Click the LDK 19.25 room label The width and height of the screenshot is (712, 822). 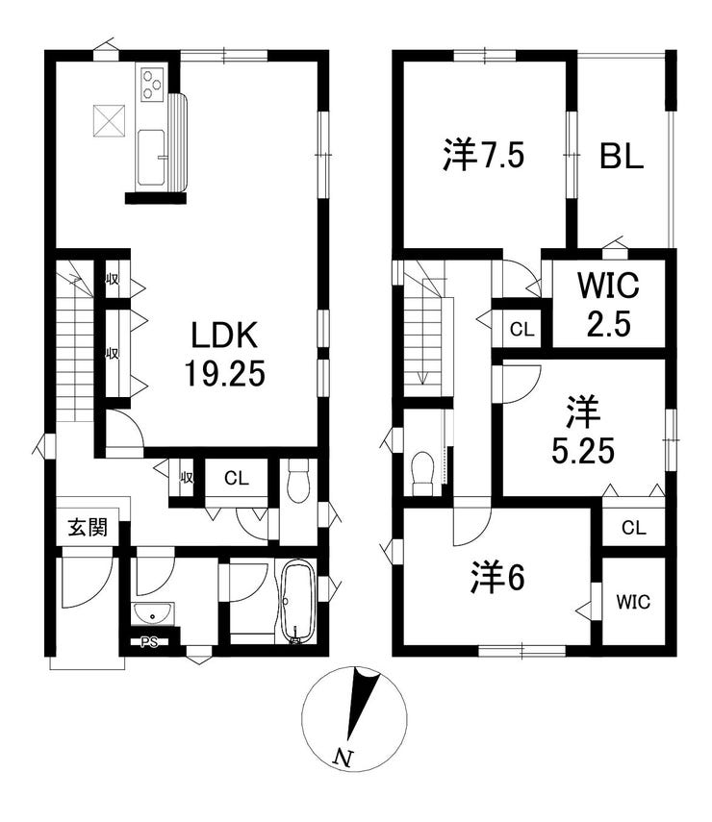point(224,354)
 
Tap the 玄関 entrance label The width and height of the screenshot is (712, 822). point(89,528)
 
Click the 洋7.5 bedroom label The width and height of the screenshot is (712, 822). point(483,155)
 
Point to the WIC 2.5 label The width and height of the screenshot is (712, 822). point(609,304)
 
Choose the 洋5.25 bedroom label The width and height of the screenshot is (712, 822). point(582,431)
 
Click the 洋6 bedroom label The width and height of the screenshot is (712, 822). point(496,578)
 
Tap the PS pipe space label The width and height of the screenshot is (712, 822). point(149,641)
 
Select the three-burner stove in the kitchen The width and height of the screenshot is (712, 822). point(153,84)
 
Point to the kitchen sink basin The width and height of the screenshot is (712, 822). point(152,158)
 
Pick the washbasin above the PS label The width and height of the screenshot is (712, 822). point(152,614)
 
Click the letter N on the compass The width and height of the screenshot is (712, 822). point(343,757)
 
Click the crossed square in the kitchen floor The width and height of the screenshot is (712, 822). point(109,121)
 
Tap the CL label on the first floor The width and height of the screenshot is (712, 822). point(236,478)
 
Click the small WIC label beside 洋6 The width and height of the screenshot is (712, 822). point(633,602)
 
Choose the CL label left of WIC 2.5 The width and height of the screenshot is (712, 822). point(522,329)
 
